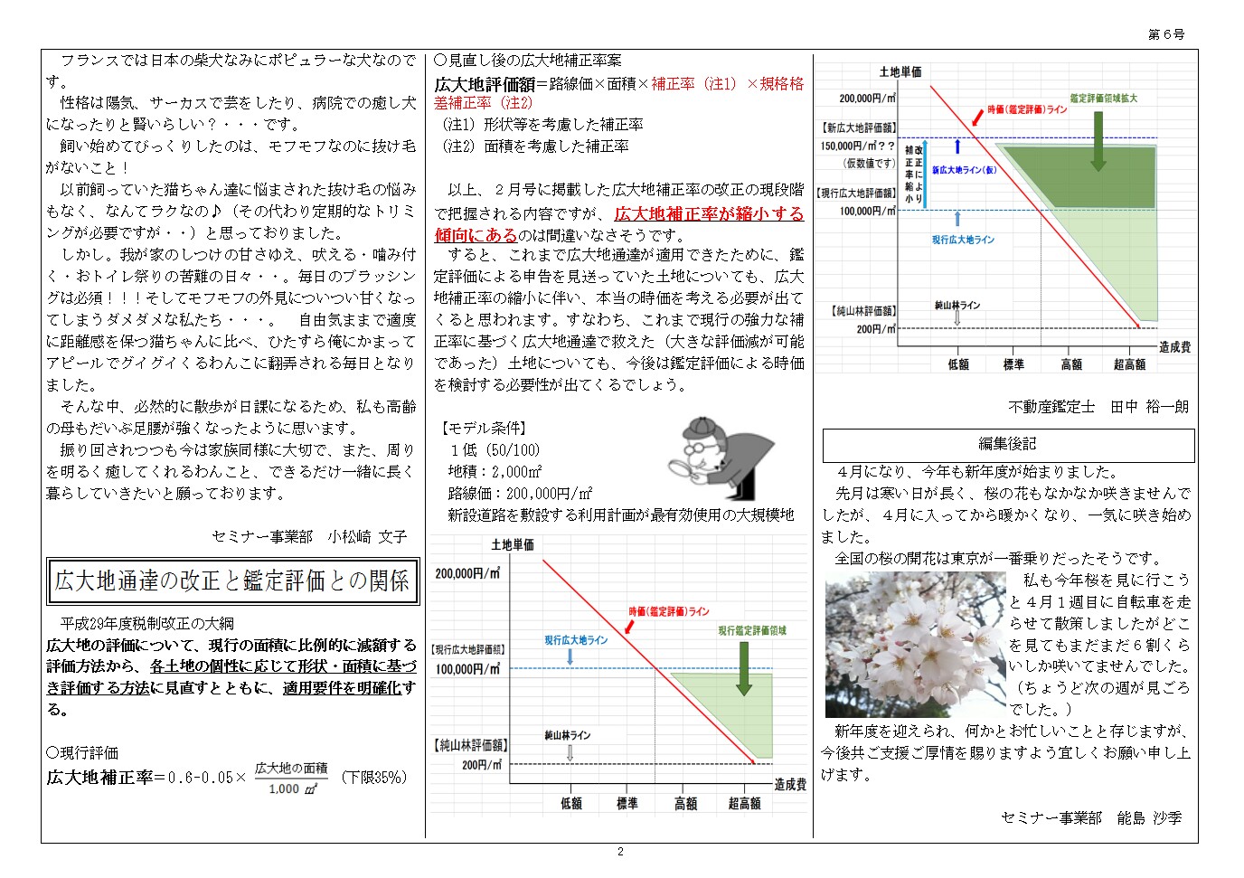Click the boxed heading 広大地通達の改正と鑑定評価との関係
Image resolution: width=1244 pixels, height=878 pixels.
(x=232, y=581)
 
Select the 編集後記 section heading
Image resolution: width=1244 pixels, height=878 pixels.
(x=1007, y=444)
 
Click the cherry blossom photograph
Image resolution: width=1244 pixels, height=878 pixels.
(x=915, y=645)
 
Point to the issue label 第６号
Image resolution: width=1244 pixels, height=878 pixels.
(x=1166, y=34)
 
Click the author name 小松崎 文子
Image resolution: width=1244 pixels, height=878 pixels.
(x=367, y=537)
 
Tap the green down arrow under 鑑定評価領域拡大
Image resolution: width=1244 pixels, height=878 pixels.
(x=1098, y=139)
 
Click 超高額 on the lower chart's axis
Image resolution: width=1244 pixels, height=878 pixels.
(x=744, y=803)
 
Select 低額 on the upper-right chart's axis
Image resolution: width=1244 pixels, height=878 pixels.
(x=958, y=364)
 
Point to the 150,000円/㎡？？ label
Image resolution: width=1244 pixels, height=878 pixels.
(x=858, y=146)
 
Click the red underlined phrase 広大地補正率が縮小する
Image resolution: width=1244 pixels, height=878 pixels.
(x=709, y=214)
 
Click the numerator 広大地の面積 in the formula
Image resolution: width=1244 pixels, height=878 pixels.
(x=290, y=769)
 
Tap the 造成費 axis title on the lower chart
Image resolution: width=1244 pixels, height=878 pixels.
(x=789, y=784)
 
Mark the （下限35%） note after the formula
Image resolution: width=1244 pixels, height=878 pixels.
(x=374, y=778)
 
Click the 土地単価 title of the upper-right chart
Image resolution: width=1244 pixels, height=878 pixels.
(x=900, y=71)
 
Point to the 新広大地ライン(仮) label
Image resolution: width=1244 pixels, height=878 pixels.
(x=964, y=170)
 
